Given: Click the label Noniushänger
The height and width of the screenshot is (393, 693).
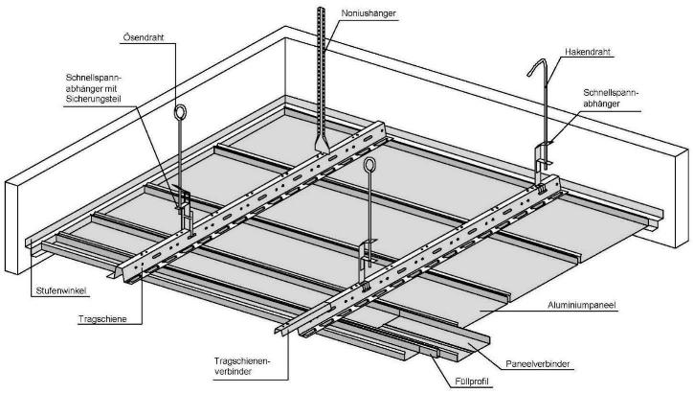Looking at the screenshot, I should [369, 13].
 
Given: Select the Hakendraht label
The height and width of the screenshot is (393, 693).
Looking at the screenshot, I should [590, 54].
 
